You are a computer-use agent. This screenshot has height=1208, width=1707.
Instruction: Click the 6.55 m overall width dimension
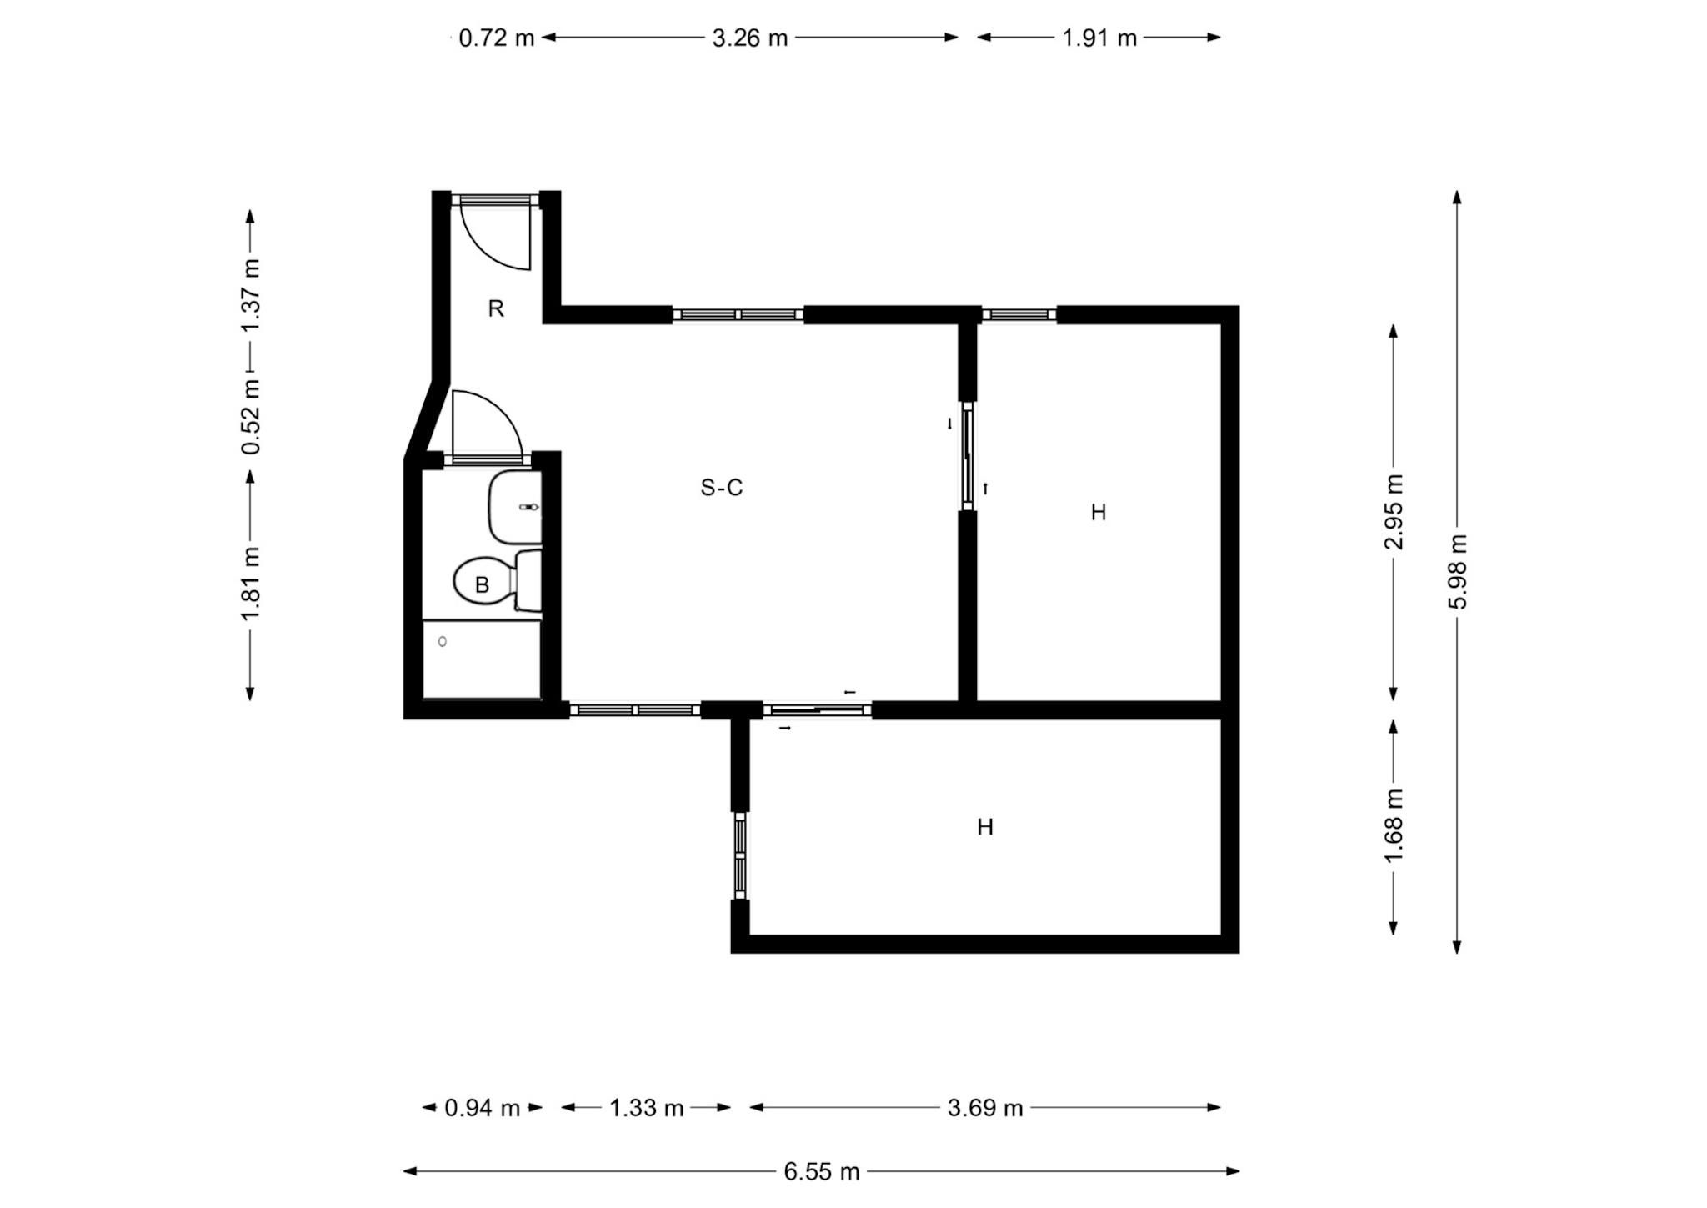point(821,1171)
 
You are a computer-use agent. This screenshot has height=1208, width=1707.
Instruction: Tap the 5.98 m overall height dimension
point(1457,571)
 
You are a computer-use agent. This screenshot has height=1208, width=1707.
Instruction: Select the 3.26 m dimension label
point(750,38)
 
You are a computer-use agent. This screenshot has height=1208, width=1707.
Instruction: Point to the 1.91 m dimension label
point(1099,38)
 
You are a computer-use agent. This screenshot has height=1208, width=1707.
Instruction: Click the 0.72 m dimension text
point(497,38)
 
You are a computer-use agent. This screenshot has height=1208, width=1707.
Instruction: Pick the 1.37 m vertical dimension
point(250,295)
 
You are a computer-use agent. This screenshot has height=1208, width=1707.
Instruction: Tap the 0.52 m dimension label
point(250,417)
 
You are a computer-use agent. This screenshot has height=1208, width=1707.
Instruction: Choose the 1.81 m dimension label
point(250,584)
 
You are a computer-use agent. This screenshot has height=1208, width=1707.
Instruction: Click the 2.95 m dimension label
point(1394,512)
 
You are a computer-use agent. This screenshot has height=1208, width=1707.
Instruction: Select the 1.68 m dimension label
point(1394,826)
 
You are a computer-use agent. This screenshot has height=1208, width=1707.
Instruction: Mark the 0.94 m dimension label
point(483,1108)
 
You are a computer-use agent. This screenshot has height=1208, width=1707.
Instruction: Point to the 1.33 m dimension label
point(646,1108)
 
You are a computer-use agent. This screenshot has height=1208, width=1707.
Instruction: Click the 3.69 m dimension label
point(985,1108)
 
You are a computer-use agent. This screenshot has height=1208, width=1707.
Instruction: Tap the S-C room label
point(722,488)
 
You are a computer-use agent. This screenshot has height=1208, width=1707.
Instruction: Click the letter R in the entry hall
point(496,309)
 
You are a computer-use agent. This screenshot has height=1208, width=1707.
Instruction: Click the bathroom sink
point(515,507)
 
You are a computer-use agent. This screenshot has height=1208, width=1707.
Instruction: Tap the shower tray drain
point(443,641)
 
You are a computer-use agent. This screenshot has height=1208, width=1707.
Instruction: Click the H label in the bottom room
point(985,827)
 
